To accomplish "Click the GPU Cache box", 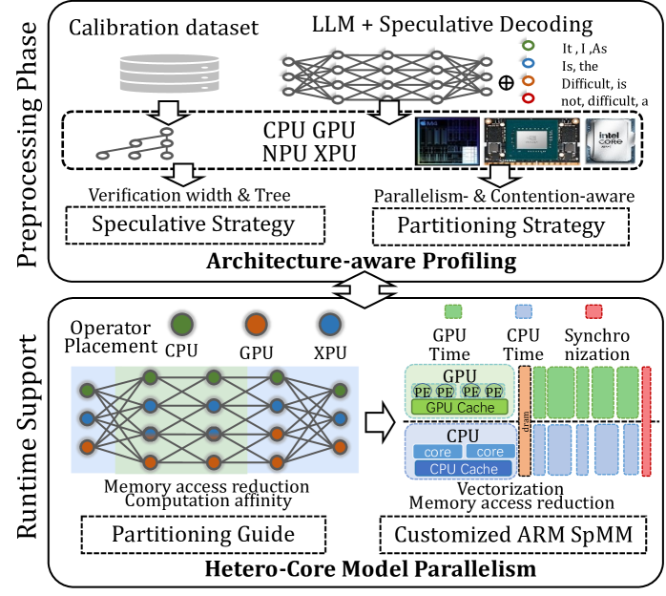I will tap(460, 408).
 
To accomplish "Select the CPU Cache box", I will tap(464, 469).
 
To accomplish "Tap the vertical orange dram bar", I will tap(525, 421).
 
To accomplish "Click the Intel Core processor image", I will tap(610, 141).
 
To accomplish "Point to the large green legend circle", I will tap(182, 325).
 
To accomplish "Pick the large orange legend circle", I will tap(256, 325).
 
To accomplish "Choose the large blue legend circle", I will tap(329, 325).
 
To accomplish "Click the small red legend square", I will tap(593, 311).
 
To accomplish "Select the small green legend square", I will tap(453, 311).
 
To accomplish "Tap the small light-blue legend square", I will tap(523, 311).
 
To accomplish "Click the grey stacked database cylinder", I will tap(169, 73).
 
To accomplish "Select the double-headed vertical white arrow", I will tap(364, 289).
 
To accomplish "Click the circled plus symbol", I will tap(507, 82).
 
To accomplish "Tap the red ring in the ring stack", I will tap(528, 97).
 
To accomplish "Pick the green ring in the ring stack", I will tap(528, 45).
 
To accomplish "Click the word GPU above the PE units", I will tap(460, 375).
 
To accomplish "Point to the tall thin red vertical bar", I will tap(646, 420).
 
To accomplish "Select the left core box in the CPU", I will tap(437, 451).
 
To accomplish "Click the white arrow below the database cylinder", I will tap(168, 113).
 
